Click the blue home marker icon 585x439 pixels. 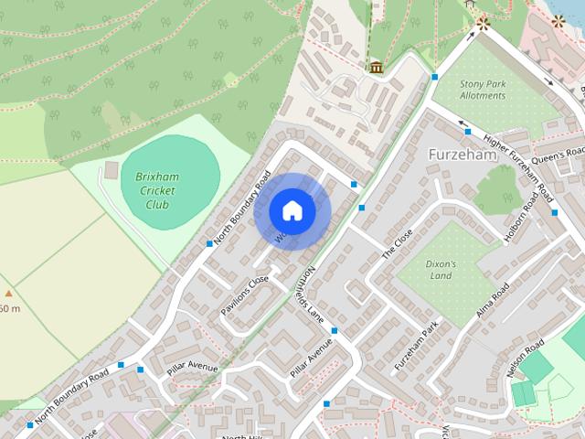(292, 210)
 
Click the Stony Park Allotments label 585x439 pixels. (483, 89)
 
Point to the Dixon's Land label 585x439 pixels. (440, 268)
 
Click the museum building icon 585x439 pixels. (377, 67)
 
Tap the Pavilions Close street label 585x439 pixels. (244, 295)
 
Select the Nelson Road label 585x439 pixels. (524, 358)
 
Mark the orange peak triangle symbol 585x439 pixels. (8, 294)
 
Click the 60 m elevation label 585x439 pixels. (9, 309)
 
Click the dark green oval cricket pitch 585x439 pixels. (170, 175)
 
